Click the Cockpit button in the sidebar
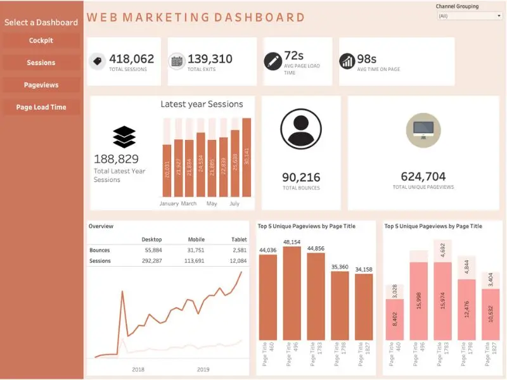41,41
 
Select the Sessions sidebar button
41,63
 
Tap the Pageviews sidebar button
41,85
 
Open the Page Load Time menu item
41,107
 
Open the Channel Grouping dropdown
469,16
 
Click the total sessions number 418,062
132,59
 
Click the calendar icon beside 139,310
177,61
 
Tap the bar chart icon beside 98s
347,61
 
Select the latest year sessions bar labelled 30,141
247,157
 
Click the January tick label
169,204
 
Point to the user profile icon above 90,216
301,130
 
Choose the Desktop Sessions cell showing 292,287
151,261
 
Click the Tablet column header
239,239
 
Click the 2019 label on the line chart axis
202,369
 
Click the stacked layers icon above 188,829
124,137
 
